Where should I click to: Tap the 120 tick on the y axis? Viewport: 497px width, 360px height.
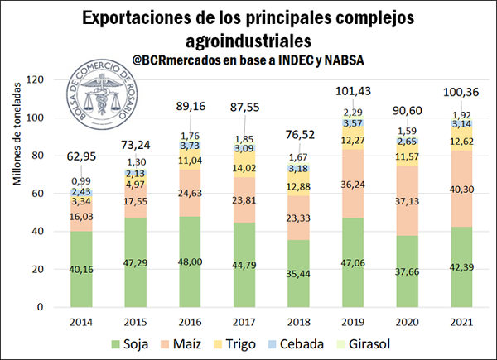click(34, 79)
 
